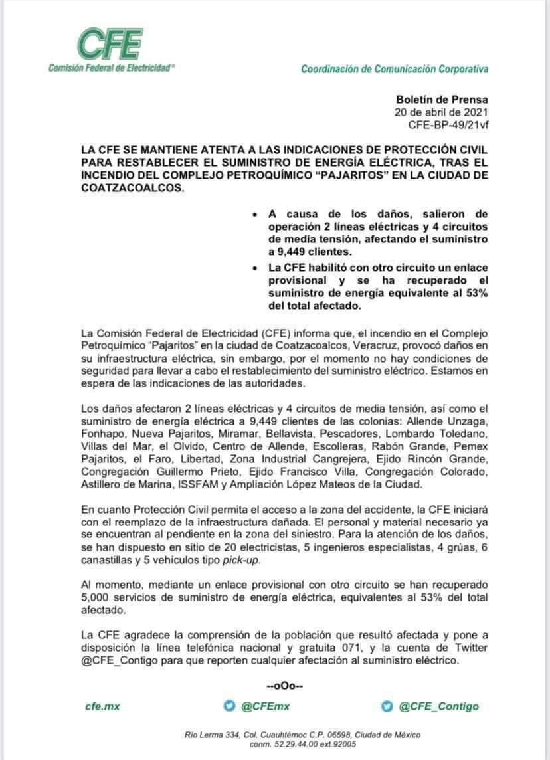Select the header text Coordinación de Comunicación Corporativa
tap(395, 69)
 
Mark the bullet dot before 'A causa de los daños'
tap(256, 215)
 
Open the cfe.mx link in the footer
tap(103, 706)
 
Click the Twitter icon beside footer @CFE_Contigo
tap(386, 706)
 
